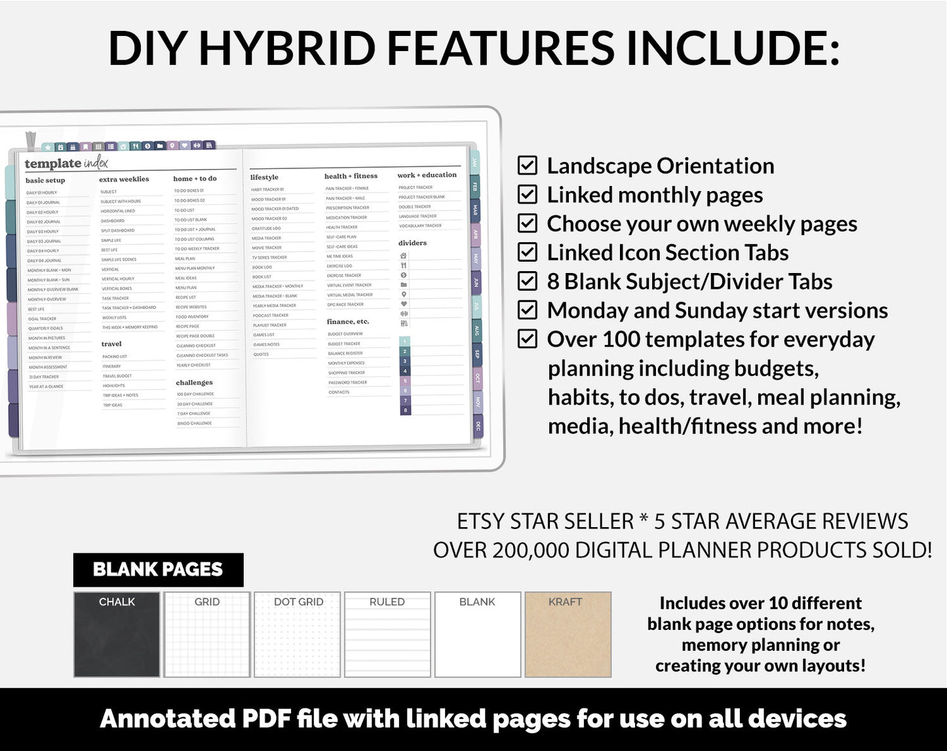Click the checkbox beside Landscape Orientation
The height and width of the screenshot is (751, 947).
528,165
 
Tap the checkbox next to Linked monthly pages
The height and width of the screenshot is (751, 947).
528,194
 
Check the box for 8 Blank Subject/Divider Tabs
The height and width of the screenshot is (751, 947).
528,281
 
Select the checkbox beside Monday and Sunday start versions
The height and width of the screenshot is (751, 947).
528,310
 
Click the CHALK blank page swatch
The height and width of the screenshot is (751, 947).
117,634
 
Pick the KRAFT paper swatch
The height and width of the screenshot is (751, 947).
568,634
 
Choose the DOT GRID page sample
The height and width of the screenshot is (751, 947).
298,634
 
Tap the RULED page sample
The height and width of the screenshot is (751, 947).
387,634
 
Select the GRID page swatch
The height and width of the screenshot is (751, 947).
207,634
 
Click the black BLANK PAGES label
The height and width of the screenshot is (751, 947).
158,570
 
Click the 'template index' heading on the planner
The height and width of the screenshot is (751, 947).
66,163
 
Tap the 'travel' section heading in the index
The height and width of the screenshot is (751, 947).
111,344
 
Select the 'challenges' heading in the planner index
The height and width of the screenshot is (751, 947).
194,382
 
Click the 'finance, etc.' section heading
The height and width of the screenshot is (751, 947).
348,321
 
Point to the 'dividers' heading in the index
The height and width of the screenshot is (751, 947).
412,243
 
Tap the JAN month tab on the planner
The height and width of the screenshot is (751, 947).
475,162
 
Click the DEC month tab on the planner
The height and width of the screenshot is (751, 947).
478,426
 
